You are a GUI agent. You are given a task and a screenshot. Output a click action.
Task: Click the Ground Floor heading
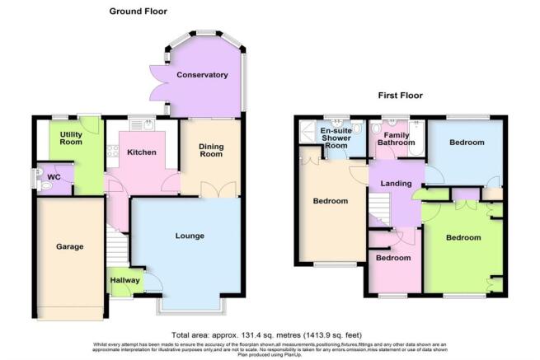pos(138,12)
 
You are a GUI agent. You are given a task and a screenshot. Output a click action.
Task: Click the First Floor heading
pos(400,96)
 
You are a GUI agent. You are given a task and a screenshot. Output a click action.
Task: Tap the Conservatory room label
pos(201,75)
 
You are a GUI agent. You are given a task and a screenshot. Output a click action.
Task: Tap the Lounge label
pos(189,236)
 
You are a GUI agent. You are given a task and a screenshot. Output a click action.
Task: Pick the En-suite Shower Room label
pos(336,137)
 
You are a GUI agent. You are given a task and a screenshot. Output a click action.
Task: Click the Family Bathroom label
pos(397,138)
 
